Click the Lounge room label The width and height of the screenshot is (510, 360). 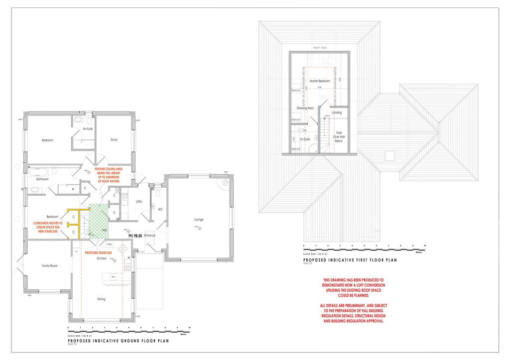pyautogui.click(x=199, y=219)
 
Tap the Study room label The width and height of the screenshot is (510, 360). pyautogui.click(x=114, y=140)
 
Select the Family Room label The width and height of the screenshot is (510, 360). pyautogui.click(x=49, y=266)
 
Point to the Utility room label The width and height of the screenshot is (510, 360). pyautogui.click(x=139, y=202)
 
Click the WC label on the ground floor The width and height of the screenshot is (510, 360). pyautogui.click(x=160, y=209)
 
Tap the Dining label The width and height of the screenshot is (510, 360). pyautogui.click(x=101, y=300)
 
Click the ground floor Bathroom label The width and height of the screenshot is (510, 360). pyautogui.click(x=42, y=179)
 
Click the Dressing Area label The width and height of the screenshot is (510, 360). pyautogui.click(x=304, y=108)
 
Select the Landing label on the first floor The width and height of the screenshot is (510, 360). pyautogui.click(x=337, y=113)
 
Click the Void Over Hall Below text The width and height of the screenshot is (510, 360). pyautogui.click(x=339, y=137)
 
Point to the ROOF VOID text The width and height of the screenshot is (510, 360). pyautogui.click(x=319, y=48)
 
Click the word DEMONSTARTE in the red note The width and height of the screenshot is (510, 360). pyautogui.click(x=337, y=285)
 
